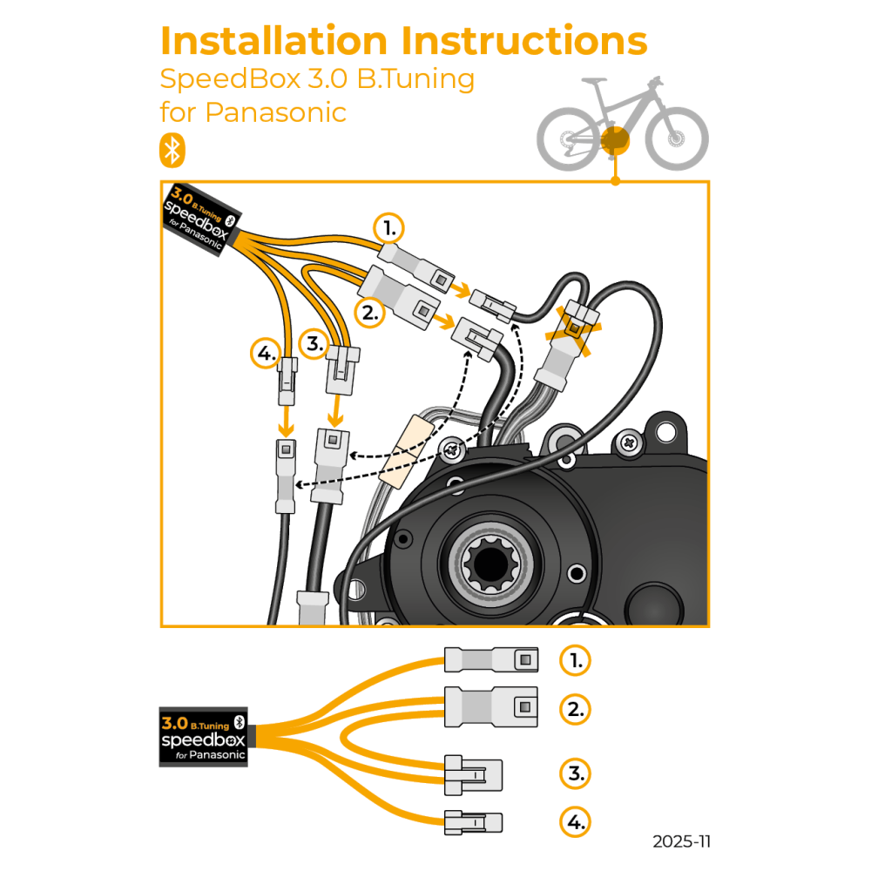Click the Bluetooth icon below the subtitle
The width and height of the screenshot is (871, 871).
tap(172, 150)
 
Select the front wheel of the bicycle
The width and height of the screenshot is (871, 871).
tap(677, 138)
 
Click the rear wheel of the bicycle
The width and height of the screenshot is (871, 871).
tap(568, 138)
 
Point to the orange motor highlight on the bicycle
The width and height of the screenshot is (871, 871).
tap(615, 139)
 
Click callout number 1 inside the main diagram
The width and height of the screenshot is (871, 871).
tap(388, 229)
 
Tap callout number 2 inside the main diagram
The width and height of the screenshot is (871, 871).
tap(371, 312)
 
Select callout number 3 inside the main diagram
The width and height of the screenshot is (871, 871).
tap(314, 342)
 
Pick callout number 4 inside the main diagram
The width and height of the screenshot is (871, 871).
tap(266, 354)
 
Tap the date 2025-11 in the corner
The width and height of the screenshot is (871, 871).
tap(681, 841)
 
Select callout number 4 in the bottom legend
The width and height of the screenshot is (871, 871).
tap(575, 820)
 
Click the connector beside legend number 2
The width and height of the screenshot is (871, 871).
tap(491, 706)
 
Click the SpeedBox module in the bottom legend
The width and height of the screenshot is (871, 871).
tap(204, 736)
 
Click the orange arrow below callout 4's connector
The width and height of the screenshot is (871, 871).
tap(285, 424)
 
